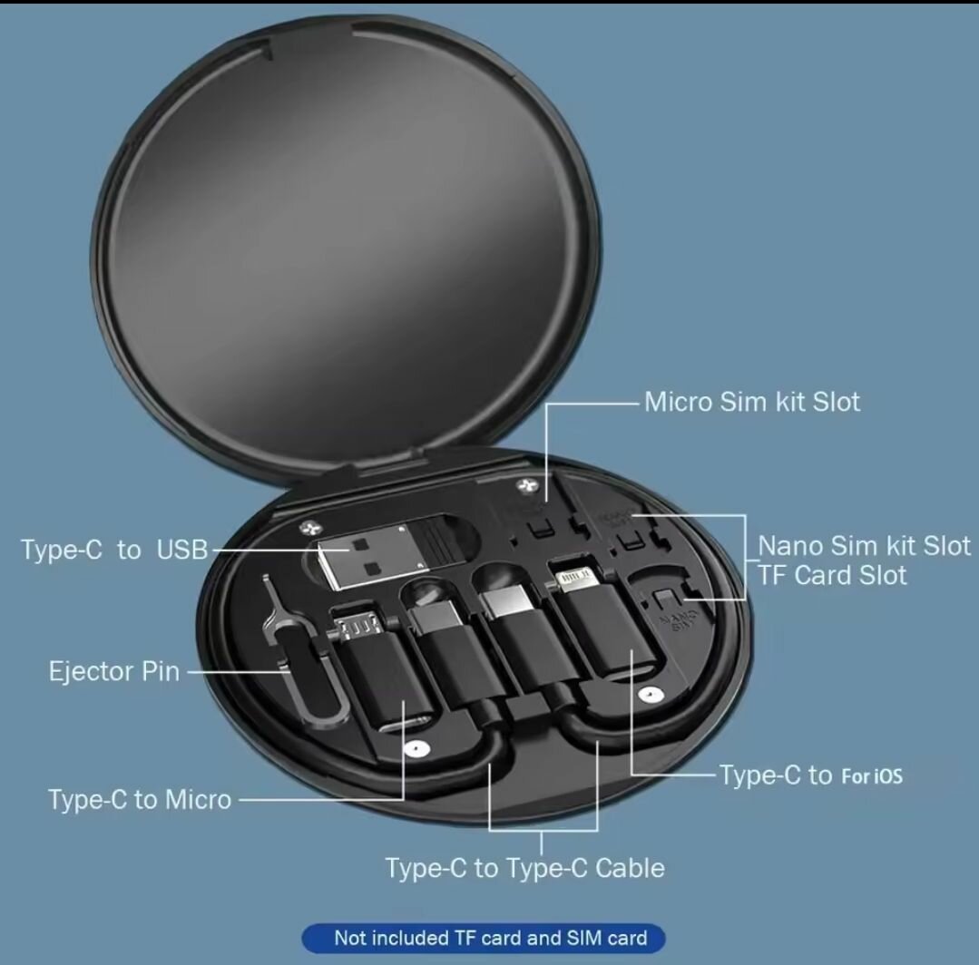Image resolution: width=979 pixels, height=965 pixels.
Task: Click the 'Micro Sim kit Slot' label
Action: coord(752,402)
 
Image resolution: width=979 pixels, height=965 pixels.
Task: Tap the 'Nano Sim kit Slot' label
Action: coord(864,546)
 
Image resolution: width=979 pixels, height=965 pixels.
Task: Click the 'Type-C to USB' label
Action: coord(114,550)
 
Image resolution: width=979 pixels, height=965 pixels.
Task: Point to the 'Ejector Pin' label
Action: coord(114,672)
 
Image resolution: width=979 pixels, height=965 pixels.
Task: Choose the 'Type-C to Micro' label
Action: coord(140,800)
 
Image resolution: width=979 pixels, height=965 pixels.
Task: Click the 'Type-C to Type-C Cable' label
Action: coord(524,868)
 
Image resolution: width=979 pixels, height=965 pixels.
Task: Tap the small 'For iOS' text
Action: coord(872,776)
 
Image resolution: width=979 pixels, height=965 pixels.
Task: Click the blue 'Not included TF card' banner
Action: coord(484,938)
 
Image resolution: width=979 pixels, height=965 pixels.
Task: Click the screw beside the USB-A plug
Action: coord(309,528)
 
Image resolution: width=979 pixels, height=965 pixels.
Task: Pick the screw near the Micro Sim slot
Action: coord(526,485)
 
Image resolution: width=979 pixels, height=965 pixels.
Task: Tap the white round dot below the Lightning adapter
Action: coord(650,694)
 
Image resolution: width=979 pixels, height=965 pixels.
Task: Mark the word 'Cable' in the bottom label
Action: coord(630,868)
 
